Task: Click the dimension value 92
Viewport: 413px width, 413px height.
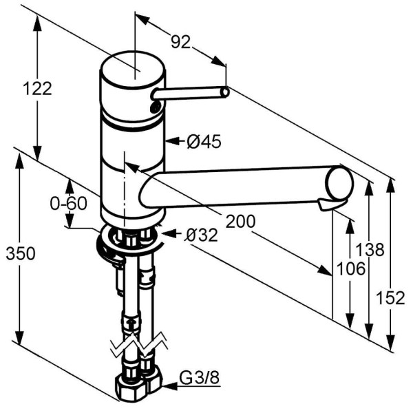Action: (180, 43)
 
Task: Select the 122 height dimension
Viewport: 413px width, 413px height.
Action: (37, 88)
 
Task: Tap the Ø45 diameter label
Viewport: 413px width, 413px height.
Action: (204, 142)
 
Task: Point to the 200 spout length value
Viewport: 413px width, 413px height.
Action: (241, 221)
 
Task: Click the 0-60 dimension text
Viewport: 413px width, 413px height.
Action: (69, 204)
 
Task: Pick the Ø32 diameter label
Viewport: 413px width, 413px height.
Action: (201, 235)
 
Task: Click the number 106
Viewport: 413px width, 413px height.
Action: (351, 269)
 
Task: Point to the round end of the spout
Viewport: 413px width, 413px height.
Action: (340, 184)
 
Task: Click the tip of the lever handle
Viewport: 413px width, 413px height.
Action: (224, 91)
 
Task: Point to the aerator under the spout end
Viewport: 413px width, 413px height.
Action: (329, 205)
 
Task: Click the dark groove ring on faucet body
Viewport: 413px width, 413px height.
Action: (132, 126)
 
